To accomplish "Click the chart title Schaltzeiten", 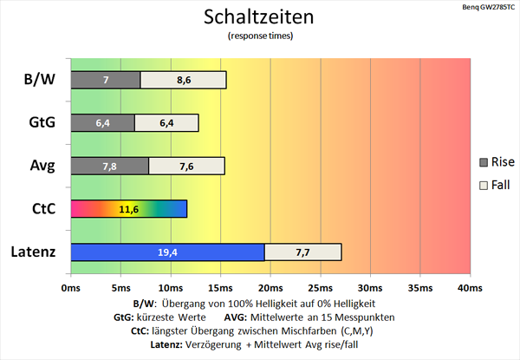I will pos(260,16).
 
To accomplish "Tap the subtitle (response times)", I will pos(260,36).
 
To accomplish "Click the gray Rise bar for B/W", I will pos(105,80).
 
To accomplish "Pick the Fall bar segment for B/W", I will pos(183,80).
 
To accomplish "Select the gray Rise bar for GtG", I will pos(102,123).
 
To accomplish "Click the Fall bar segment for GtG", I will pos(166,123).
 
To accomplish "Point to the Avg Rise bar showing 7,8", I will pos(109,166).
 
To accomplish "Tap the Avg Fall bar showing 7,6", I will pos(186,166).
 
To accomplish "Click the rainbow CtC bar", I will pos(128,209).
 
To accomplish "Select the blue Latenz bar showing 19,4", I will pos(167,252).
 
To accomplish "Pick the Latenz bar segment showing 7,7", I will pos(302,252).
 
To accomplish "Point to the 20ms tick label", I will pos(270,287).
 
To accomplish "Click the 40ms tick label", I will pos(469,287).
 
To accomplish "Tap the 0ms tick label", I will pos(71,287).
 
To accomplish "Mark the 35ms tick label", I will pos(419,287).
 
